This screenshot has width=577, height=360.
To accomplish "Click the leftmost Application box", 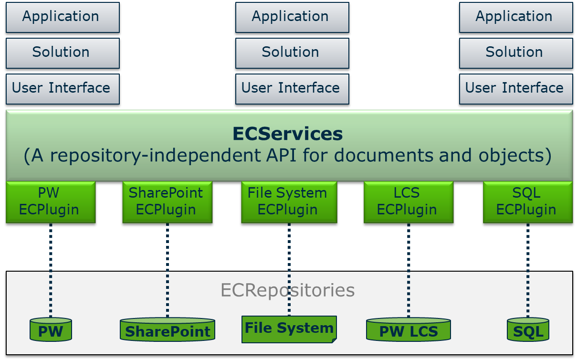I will pyautogui.click(x=63, y=17).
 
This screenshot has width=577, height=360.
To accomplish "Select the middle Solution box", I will pyautogui.click(x=292, y=53).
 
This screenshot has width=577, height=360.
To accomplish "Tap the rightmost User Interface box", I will pyautogui.click(x=516, y=89).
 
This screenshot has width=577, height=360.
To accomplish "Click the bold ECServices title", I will pyautogui.click(x=288, y=134).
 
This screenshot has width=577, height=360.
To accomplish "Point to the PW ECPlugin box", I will pyautogui.click(x=51, y=202).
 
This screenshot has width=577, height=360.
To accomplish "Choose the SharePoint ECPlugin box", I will pyautogui.click(x=167, y=202).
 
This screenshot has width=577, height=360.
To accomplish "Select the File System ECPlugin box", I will pyautogui.click(x=289, y=202).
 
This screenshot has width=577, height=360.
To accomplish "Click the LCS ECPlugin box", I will pyautogui.click(x=408, y=202).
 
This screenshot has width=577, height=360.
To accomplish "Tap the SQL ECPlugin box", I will pyautogui.click(x=527, y=202).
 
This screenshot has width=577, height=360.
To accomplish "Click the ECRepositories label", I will pyautogui.click(x=288, y=290).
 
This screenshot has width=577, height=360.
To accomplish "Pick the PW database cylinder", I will pyautogui.click(x=51, y=330).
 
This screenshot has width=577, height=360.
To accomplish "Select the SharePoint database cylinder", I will pyautogui.click(x=168, y=330).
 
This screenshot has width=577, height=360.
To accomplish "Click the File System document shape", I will pyautogui.click(x=289, y=329).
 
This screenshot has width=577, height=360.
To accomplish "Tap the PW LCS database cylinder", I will pyautogui.click(x=409, y=330).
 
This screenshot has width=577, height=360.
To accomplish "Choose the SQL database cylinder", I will pyautogui.click(x=528, y=330).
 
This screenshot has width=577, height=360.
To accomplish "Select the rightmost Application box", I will pyautogui.click(x=516, y=17).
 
